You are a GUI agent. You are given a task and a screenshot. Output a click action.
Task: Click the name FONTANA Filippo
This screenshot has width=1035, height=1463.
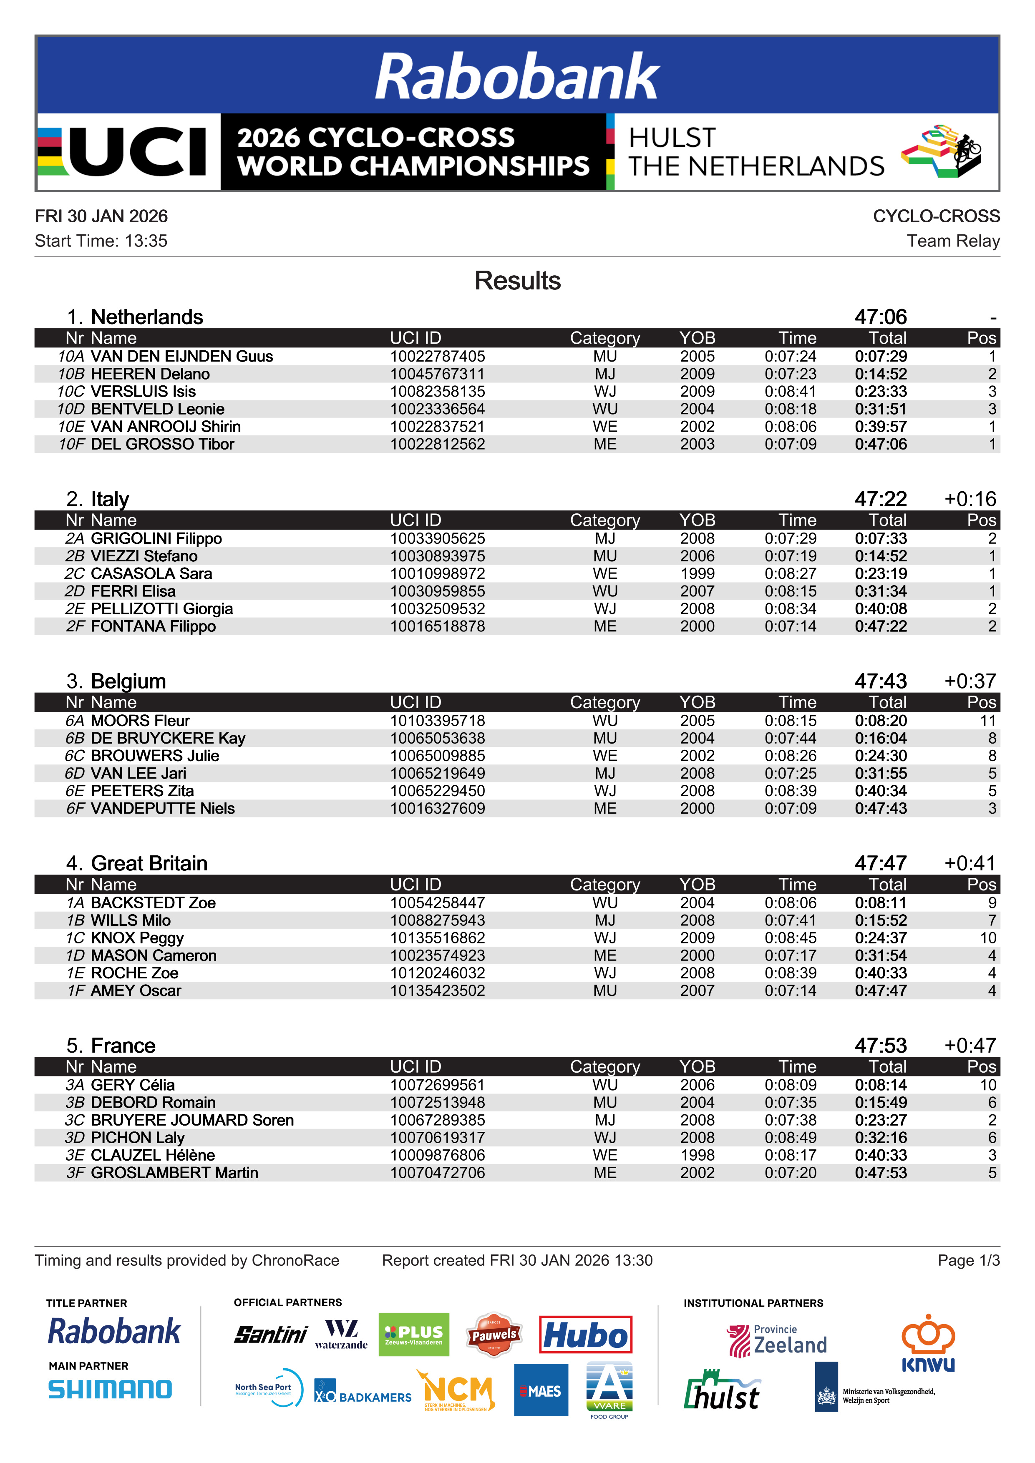[153, 626]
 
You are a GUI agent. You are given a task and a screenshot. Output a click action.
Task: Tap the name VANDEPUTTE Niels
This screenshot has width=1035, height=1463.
[163, 809]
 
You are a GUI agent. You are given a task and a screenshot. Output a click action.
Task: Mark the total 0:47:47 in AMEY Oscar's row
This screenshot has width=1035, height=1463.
[880, 991]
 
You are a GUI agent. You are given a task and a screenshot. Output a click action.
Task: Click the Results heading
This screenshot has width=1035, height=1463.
[517, 281]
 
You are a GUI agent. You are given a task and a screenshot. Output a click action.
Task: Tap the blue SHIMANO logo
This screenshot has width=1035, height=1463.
[110, 1390]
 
